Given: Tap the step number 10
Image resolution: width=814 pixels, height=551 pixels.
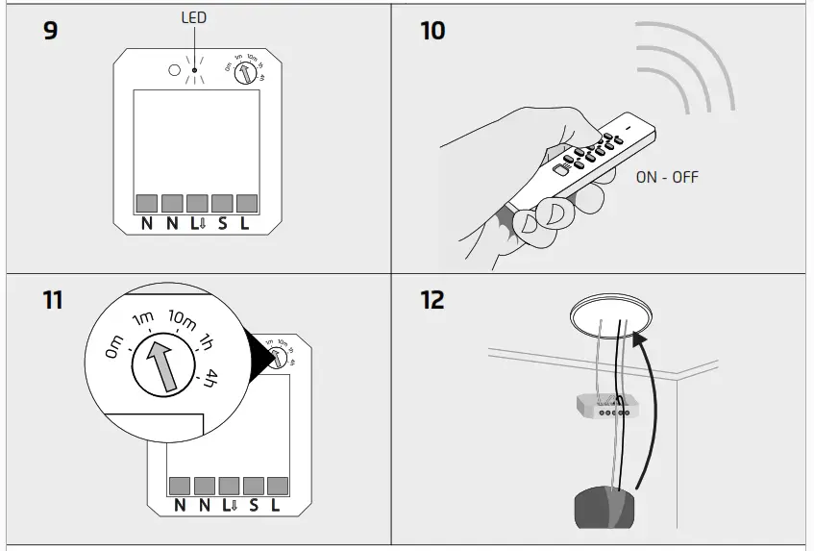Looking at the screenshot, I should (433, 31).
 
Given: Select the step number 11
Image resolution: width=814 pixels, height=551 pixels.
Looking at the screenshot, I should (52, 300).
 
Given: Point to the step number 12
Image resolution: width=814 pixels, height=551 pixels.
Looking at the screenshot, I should (433, 300).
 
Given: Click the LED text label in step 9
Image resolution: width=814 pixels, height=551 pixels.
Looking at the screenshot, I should (194, 17).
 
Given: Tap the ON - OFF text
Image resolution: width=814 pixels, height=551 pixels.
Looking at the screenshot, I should (667, 177).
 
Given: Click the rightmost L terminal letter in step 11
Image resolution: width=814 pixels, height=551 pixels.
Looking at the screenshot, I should (275, 507).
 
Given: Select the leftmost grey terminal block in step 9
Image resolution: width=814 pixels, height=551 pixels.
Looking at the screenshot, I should (147, 203).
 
